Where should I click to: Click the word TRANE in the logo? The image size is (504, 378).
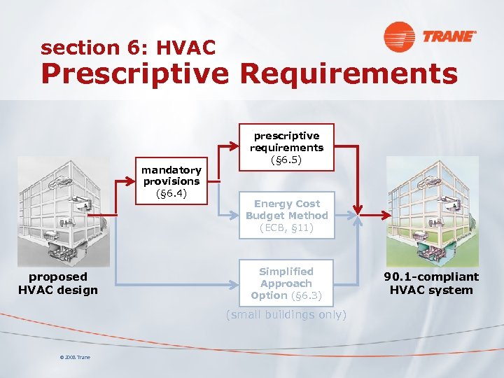[x=448, y=36]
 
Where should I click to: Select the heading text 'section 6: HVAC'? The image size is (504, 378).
[x=128, y=48]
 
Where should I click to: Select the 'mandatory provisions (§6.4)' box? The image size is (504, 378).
[x=171, y=181]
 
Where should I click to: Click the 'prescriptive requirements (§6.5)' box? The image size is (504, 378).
[x=287, y=148]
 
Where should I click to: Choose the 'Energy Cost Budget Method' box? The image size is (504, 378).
[x=287, y=216]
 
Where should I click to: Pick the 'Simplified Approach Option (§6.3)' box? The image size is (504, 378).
[x=286, y=283]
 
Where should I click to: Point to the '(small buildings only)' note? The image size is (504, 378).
[x=286, y=315]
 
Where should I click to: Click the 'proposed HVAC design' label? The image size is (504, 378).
[x=58, y=283]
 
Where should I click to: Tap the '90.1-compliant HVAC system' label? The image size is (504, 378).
[x=431, y=283]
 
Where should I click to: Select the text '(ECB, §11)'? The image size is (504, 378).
[x=287, y=227]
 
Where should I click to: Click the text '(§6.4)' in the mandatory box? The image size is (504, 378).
[x=171, y=193]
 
